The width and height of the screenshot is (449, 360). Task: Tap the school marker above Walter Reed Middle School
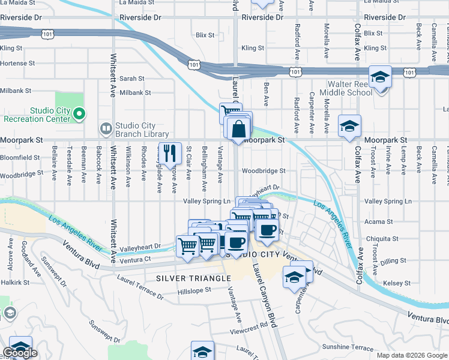point(380,77)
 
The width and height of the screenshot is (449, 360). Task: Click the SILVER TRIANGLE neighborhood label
point(193,278)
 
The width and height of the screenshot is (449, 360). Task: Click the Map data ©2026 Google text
point(412,355)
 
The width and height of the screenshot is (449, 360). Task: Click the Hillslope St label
point(195,289)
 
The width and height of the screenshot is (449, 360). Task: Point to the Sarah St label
point(132,79)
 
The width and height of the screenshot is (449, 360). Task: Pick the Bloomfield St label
point(19,158)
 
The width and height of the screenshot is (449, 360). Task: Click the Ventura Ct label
point(134,260)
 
